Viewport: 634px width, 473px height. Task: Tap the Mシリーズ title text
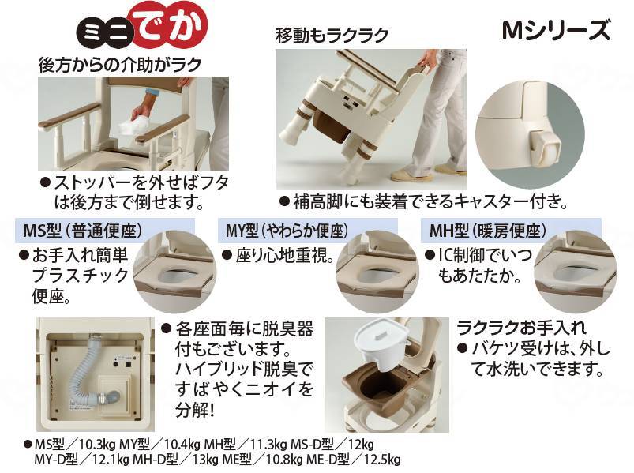[556, 30]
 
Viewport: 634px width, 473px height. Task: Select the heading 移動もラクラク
[332, 36]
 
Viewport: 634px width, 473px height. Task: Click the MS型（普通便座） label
[83, 231]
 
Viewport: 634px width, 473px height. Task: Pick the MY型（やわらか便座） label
[287, 231]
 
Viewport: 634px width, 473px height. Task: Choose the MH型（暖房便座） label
[487, 231]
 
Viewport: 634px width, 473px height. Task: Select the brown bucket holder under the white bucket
[378, 385]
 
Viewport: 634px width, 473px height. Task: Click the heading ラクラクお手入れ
[521, 328]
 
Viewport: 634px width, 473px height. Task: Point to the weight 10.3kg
[94, 445]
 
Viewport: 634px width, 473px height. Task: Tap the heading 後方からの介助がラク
[120, 65]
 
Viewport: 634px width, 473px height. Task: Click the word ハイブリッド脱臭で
[244, 369]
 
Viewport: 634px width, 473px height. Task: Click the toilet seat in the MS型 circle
[174, 275]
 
